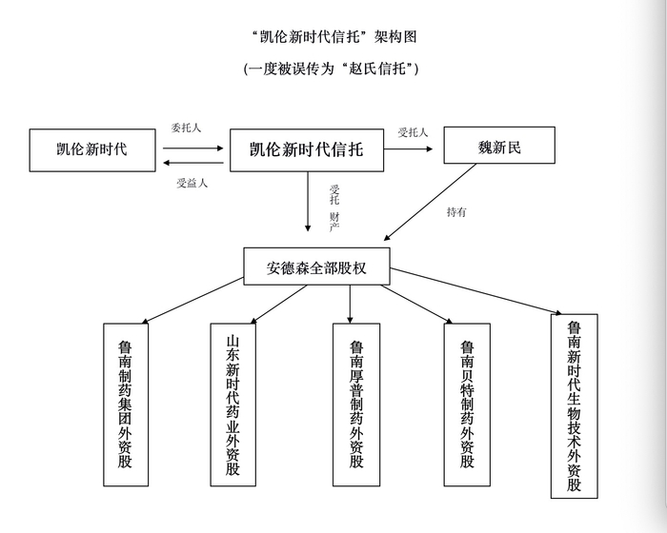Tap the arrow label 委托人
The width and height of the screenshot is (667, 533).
tap(186, 128)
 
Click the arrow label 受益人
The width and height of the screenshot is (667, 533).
tap(192, 183)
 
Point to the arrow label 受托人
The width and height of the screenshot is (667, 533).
tap(413, 132)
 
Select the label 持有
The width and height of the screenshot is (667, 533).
tap(456, 211)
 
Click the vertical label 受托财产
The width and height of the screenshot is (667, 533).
tap(334, 208)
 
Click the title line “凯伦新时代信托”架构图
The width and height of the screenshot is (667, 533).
tap(333, 37)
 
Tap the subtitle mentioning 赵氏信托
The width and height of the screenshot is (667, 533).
tap(332, 69)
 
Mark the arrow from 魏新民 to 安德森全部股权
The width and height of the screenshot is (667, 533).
tap(430, 202)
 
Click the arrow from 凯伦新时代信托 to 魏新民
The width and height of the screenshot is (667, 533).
tap(409, 148)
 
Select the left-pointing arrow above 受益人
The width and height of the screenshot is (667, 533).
tap(193, 163)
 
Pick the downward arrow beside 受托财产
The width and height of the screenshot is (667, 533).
tap(308, 202)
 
